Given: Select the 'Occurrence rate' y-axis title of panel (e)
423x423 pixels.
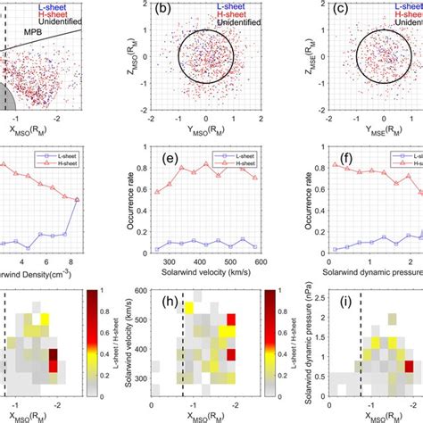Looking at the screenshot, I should pos(130,200).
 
